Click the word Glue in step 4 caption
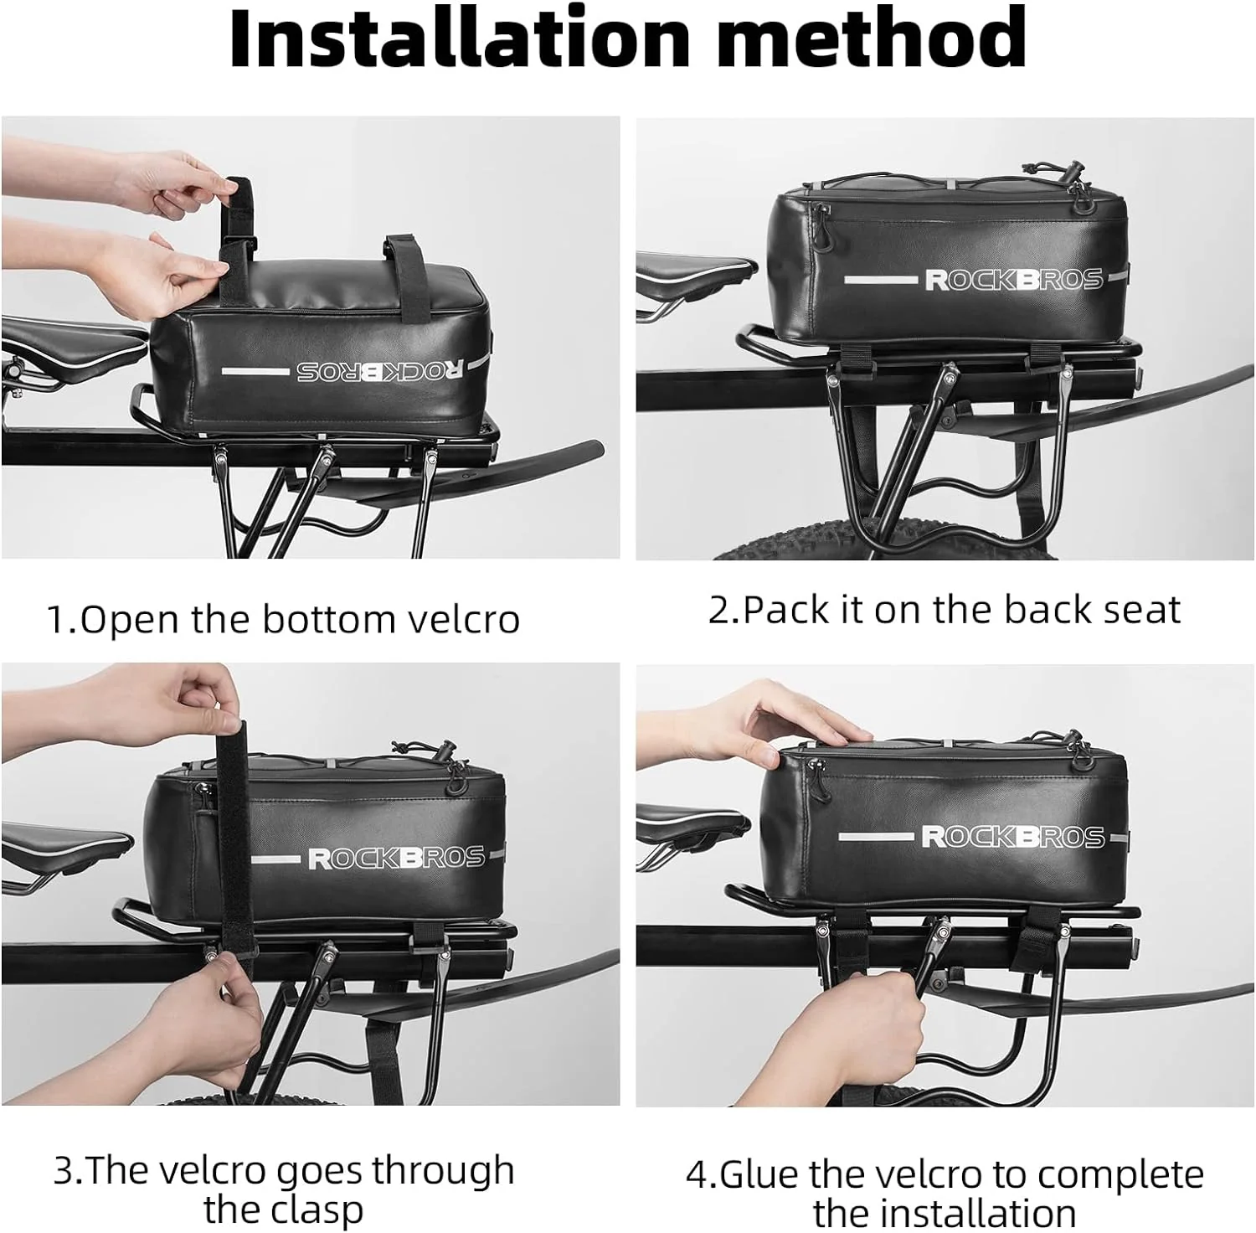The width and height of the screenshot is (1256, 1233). pyautogui.click(x=759, y=1174)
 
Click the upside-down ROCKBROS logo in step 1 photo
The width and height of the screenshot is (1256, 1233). pyautogui.click(x=379, y=370)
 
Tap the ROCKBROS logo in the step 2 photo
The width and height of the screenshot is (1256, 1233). pyautogui.click(x=1013, y=280)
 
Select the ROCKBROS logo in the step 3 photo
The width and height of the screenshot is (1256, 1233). pyautogui.click(x=396, y=859)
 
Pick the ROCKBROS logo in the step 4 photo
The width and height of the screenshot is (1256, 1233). pyautogui.click(x=1011, y=837)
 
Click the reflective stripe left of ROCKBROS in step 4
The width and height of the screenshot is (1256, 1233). pyautogui.click(x=875, y=837)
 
